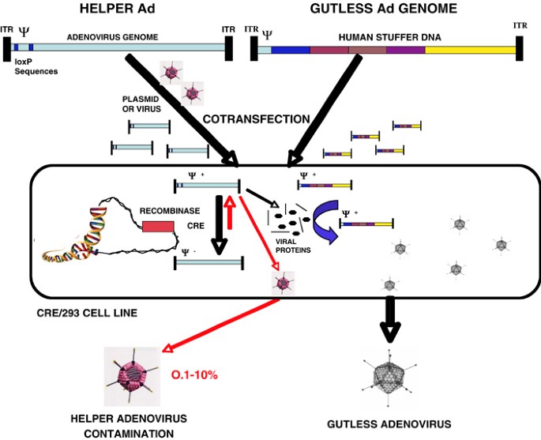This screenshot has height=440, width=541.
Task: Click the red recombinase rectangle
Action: tap(158, 227)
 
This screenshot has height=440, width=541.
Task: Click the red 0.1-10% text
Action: tap(194, 374)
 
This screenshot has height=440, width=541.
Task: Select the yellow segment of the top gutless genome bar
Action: tap(470, 50)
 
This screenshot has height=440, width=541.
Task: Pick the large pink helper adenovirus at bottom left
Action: tap(132, 376)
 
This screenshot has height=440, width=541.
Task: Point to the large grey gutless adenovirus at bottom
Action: tap(389, 377)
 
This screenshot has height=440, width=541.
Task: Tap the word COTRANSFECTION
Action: tap(257, 119)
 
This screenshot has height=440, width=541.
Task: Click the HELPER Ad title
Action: tap(118, 8)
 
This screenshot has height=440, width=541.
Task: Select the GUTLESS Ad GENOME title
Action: tap(384, 8)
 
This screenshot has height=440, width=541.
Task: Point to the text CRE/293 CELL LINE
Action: tap(87, 313)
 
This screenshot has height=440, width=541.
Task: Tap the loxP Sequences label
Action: tap(36, 66)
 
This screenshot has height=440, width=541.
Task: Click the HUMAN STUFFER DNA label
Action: tap(390, 37)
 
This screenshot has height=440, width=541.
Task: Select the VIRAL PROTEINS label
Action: tap(293, 246)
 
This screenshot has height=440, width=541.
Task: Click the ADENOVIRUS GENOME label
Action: tap(112, 37)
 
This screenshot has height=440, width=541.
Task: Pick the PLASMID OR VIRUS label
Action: tap(141, 103)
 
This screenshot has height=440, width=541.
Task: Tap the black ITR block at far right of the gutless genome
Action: tap(519, 48)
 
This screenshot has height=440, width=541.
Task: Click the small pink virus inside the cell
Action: tap(284, 283)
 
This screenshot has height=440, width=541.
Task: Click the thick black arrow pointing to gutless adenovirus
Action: tap(390, 319)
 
